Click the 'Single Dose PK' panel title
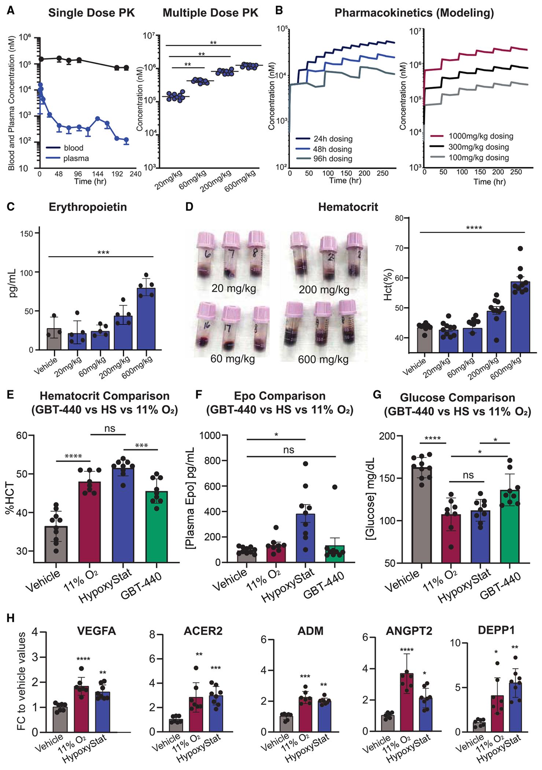[x=91, y=13]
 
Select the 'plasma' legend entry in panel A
[x=76, y=158]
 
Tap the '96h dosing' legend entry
[x=332, y=159]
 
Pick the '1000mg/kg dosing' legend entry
[x=480, y=136]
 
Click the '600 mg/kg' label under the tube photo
[x=323, y=359]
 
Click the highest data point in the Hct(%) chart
[x=520, y=249]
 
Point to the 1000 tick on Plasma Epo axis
[x=211, y=435]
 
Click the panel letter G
[x=377, y=395]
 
